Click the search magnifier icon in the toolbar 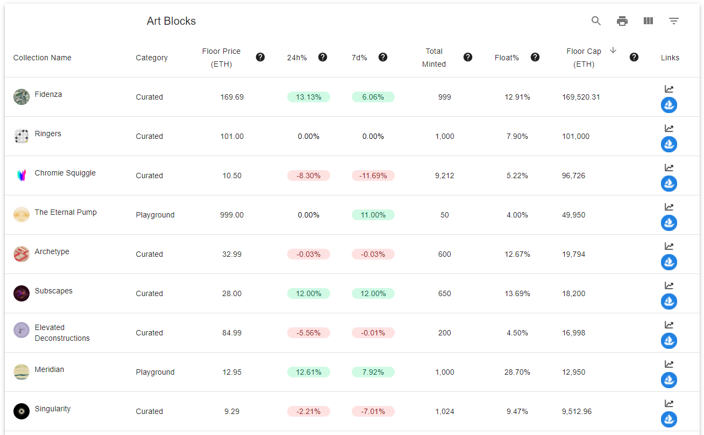point(596,21)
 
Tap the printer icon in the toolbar point(622,21)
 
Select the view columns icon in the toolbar point(648,21)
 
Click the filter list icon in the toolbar point(674,21)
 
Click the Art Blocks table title point(171,21)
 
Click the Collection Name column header point(42,58)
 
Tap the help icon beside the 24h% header point(323,57)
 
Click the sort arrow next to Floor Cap point(613,50)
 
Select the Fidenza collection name point(48,94)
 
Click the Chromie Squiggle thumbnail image point(22,175)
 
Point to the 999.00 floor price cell point(232,215)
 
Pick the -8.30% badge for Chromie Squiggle point(309,176)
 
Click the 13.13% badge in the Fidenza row point(309,97)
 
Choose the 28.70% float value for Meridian point(517,372)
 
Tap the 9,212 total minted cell point(445,176)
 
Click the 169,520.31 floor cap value point(581,97)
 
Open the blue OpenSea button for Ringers point(669,144)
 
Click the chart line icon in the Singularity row point(669,403)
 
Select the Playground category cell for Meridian point(155,372)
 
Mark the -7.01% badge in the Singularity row point(373,411)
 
